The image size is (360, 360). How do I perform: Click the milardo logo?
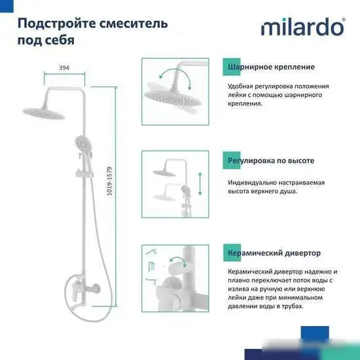coord(303,28)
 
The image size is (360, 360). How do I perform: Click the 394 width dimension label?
coord(64,67)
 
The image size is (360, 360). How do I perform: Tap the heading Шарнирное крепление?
coord(271,67)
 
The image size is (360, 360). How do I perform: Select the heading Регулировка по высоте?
coord(270,160)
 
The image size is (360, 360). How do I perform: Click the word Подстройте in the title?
coord(52,24)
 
